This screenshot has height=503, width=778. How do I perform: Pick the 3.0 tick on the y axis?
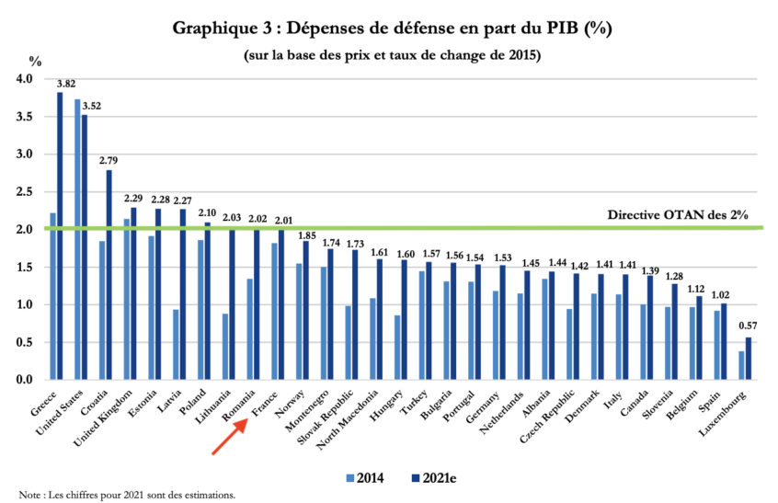click(x=24, y=154)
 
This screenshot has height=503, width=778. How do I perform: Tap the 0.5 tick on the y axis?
click(x=24, y=342)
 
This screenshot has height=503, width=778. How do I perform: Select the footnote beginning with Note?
click(x=119, y=495)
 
